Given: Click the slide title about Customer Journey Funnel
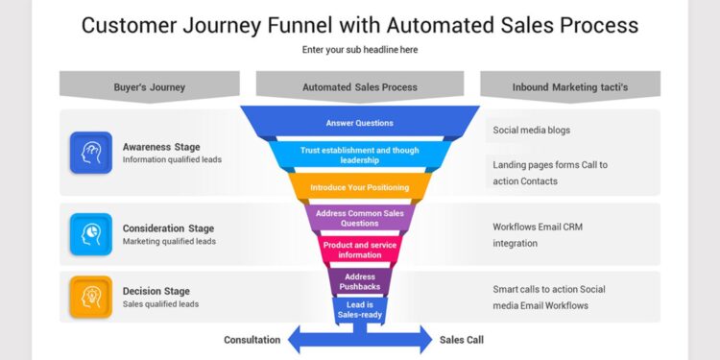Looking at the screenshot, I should [x=360, y=25].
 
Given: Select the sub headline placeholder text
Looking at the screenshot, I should [x=360, y=50].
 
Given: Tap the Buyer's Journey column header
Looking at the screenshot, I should [x=149, y=86].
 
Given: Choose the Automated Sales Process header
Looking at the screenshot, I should [x=360, y=86].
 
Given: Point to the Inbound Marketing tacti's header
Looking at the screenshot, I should [x=570, y=86].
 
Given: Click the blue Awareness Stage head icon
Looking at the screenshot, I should [x=90, y=153].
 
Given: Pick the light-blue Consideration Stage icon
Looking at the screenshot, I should [x=90, y=234].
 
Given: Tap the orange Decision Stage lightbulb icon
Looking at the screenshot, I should [x=90, y=297].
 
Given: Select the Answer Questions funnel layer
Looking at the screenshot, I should [x=360, y=123].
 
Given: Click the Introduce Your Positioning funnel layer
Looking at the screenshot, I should [x=360, y=187].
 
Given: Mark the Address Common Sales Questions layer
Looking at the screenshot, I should [x=360, y=218].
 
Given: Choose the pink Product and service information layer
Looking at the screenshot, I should [x=360, y=250].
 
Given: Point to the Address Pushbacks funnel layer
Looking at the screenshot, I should [x=360, y=281].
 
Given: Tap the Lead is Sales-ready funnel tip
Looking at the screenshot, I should [x=360, y=310].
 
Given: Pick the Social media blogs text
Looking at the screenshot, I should [x=532, y=129].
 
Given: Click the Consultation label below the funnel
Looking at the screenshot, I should [x=252, y=340].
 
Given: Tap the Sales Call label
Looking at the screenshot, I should [x=463, y=340].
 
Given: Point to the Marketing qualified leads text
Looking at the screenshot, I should [x=169, y=242].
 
